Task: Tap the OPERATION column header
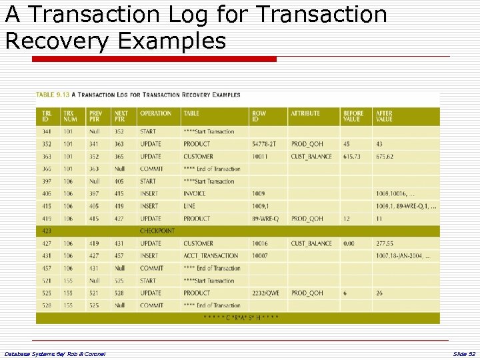click(156, 113)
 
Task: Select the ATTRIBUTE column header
click(305, 113)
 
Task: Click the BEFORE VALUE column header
click(353, 117)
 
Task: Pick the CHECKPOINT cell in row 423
click(157, 231)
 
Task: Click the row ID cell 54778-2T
click(266, 144)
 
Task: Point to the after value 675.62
click(385, 157)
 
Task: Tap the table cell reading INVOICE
click(195, 193)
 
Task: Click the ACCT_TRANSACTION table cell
click(211, 256)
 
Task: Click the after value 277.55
click(385, 244)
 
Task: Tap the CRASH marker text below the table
click(241, 318)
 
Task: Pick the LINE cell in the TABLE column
click(190, 206)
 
